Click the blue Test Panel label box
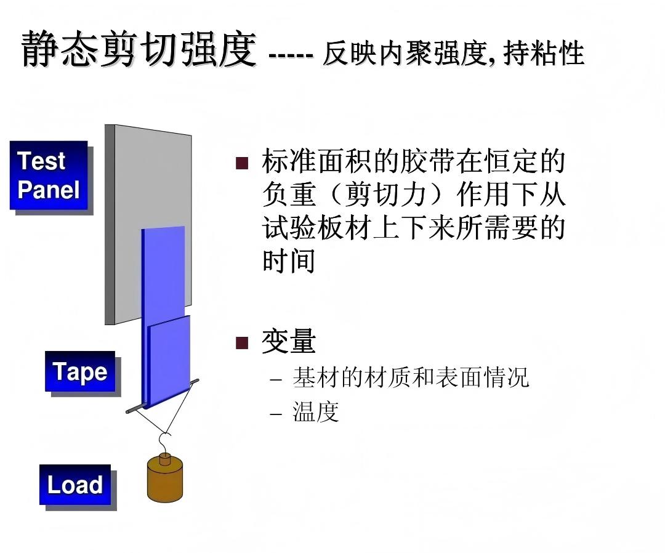click(x=48, y=175)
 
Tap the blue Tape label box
click(x=79, y=371)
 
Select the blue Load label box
click(x=75, y=485)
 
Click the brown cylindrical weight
click(x=166, y=481)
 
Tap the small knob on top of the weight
click(x=165, y=459)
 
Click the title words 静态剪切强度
click(x=139, y=49)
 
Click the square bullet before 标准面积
click(x=242, y=163)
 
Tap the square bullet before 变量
click(x=242, y=342)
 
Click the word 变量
click(x=289, y=342)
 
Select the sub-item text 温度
click(x=316, y=411)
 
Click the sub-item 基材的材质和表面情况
click(x=411, y=377)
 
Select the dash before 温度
click(x=276, y=412)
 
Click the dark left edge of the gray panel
click(x=110, y=225)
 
